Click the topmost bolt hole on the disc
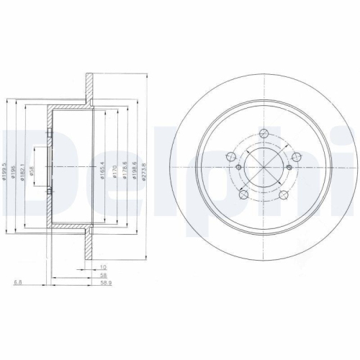point(264,133)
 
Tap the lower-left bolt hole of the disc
point(243,195)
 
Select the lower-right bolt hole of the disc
point(283,195)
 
